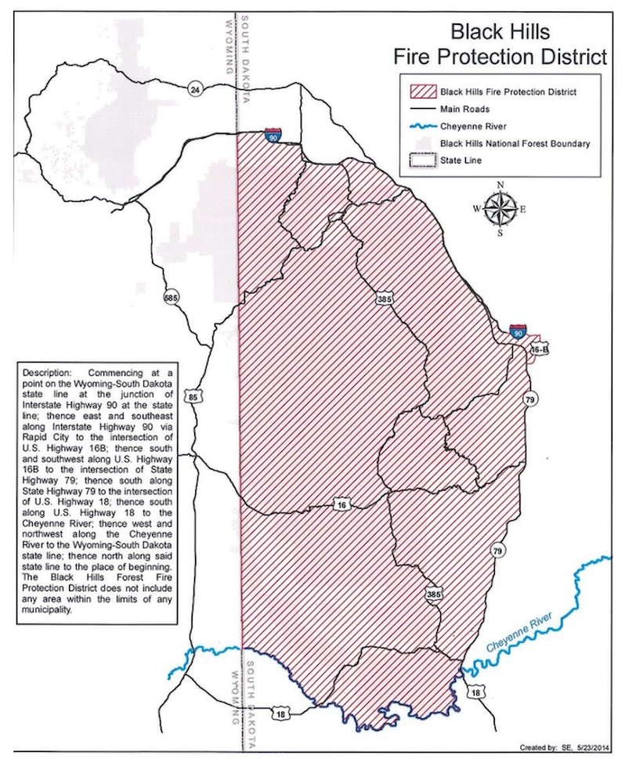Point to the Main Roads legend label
coord(464,109)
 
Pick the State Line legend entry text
coord(461,161)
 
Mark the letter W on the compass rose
coord(475,209)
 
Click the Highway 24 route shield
coord(195,90)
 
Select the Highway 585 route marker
coord(171,298)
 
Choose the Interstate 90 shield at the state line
coord(272,135)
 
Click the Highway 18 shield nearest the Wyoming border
coord(280,714)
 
